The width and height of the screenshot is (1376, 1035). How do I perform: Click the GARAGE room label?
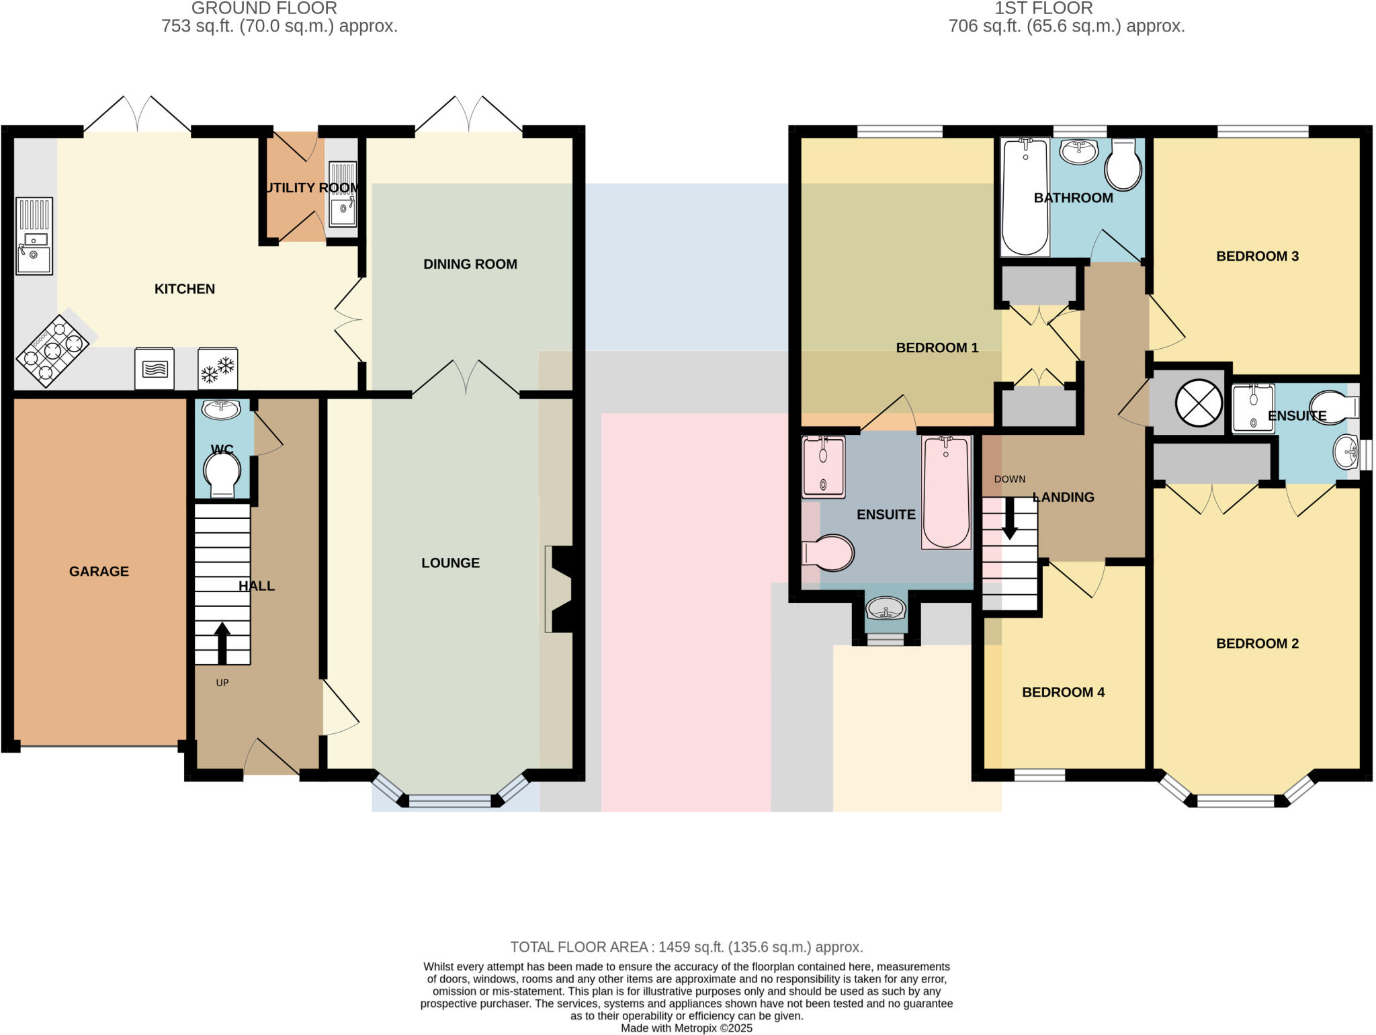coord(99,571)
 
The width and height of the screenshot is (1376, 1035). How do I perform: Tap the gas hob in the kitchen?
coord(53,350)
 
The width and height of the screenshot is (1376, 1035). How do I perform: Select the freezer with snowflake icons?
coord(218,368)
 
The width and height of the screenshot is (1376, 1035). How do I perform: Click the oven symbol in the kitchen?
coord(155,368)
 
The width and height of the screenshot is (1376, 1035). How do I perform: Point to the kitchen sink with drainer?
coord(34,236)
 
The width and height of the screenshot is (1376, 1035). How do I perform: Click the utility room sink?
coord(343,194)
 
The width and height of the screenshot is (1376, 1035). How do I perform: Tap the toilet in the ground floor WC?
coord(222,474)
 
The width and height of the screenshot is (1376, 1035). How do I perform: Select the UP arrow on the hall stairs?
coord(222,643)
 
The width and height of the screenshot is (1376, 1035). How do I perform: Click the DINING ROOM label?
coord(470,264)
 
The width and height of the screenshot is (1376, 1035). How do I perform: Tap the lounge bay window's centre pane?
coord(450,800)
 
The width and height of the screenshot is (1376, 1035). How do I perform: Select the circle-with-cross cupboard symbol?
coord(1199,403)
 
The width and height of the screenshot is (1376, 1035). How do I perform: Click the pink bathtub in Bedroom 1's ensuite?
coord(946,492)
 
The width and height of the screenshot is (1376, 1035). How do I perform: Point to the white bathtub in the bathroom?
coord(1025,197)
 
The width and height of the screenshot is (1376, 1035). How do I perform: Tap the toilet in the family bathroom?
coord(1123,165)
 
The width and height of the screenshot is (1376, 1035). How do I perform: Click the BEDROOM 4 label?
coord(1063,692)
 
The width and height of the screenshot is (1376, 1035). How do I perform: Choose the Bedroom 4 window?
coord(1039,776)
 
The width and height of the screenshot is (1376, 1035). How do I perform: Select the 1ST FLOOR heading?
coord(1043,8)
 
